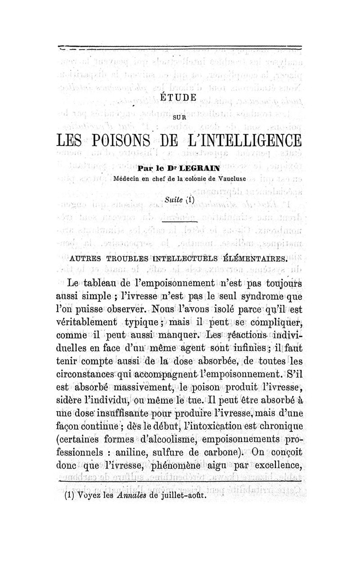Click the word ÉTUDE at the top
click(179, 97)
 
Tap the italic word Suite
click(171, 199)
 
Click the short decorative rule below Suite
click(179, 222)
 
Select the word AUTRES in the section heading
click(87, 259)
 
